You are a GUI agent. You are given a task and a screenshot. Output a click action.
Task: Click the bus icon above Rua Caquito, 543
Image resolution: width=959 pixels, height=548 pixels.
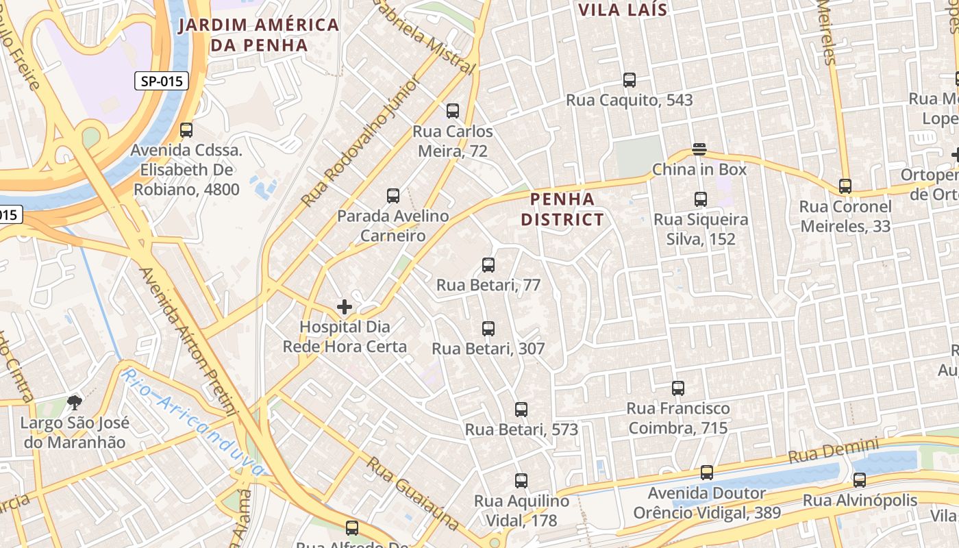[630, 80]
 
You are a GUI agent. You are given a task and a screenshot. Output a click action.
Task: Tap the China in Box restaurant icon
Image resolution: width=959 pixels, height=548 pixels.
[699, 149]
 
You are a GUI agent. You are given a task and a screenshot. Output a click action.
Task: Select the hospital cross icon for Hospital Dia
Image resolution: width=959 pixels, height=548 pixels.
[345, 307]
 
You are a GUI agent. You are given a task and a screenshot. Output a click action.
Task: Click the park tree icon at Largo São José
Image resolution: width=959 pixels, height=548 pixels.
[74, 403]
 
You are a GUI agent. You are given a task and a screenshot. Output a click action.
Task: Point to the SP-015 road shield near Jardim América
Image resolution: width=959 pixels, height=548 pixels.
[162, 82]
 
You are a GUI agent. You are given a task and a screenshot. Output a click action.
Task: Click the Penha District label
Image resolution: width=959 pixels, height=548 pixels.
[562, 209]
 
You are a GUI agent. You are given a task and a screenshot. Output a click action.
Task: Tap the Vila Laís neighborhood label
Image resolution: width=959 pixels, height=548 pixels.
[623, 10]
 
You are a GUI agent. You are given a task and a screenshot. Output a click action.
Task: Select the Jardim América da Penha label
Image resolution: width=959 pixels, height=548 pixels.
[259, 35]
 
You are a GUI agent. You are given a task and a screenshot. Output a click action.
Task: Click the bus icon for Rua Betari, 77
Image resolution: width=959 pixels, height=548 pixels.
[488, 265]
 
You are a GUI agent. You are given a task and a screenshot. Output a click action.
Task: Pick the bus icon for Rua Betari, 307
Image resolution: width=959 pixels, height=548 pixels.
[488, 329]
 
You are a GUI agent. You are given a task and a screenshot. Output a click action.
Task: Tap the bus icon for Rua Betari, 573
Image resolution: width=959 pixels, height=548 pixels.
[521, 410]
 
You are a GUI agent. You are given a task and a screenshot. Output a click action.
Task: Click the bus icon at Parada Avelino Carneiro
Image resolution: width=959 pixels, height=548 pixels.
[393, 196]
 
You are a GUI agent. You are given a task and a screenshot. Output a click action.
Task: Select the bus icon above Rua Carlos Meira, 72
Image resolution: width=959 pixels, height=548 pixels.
[453, 111]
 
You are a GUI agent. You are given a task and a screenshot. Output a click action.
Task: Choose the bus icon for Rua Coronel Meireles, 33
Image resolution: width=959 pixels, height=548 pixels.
[845, 186]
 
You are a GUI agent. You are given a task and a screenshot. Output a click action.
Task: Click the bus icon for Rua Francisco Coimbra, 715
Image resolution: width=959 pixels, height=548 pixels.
[678, 388]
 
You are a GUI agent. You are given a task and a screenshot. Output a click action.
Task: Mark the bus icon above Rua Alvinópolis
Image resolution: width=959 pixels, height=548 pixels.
[860, 480]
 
